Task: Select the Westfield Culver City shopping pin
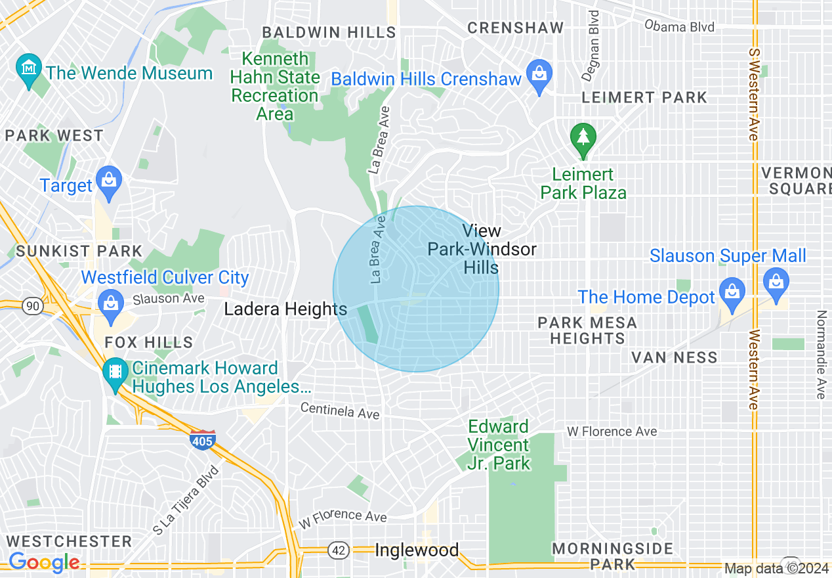[x=110, y=303]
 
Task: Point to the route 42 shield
[x=339, y=550]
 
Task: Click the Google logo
[x=44, y=562]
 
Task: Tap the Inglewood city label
[x=416, y=550]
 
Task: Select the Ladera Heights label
[x=285, y=309]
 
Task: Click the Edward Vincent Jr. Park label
[x=498, y=445]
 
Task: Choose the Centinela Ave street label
[x=340, y=411]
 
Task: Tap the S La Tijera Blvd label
[x=186, y=500]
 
